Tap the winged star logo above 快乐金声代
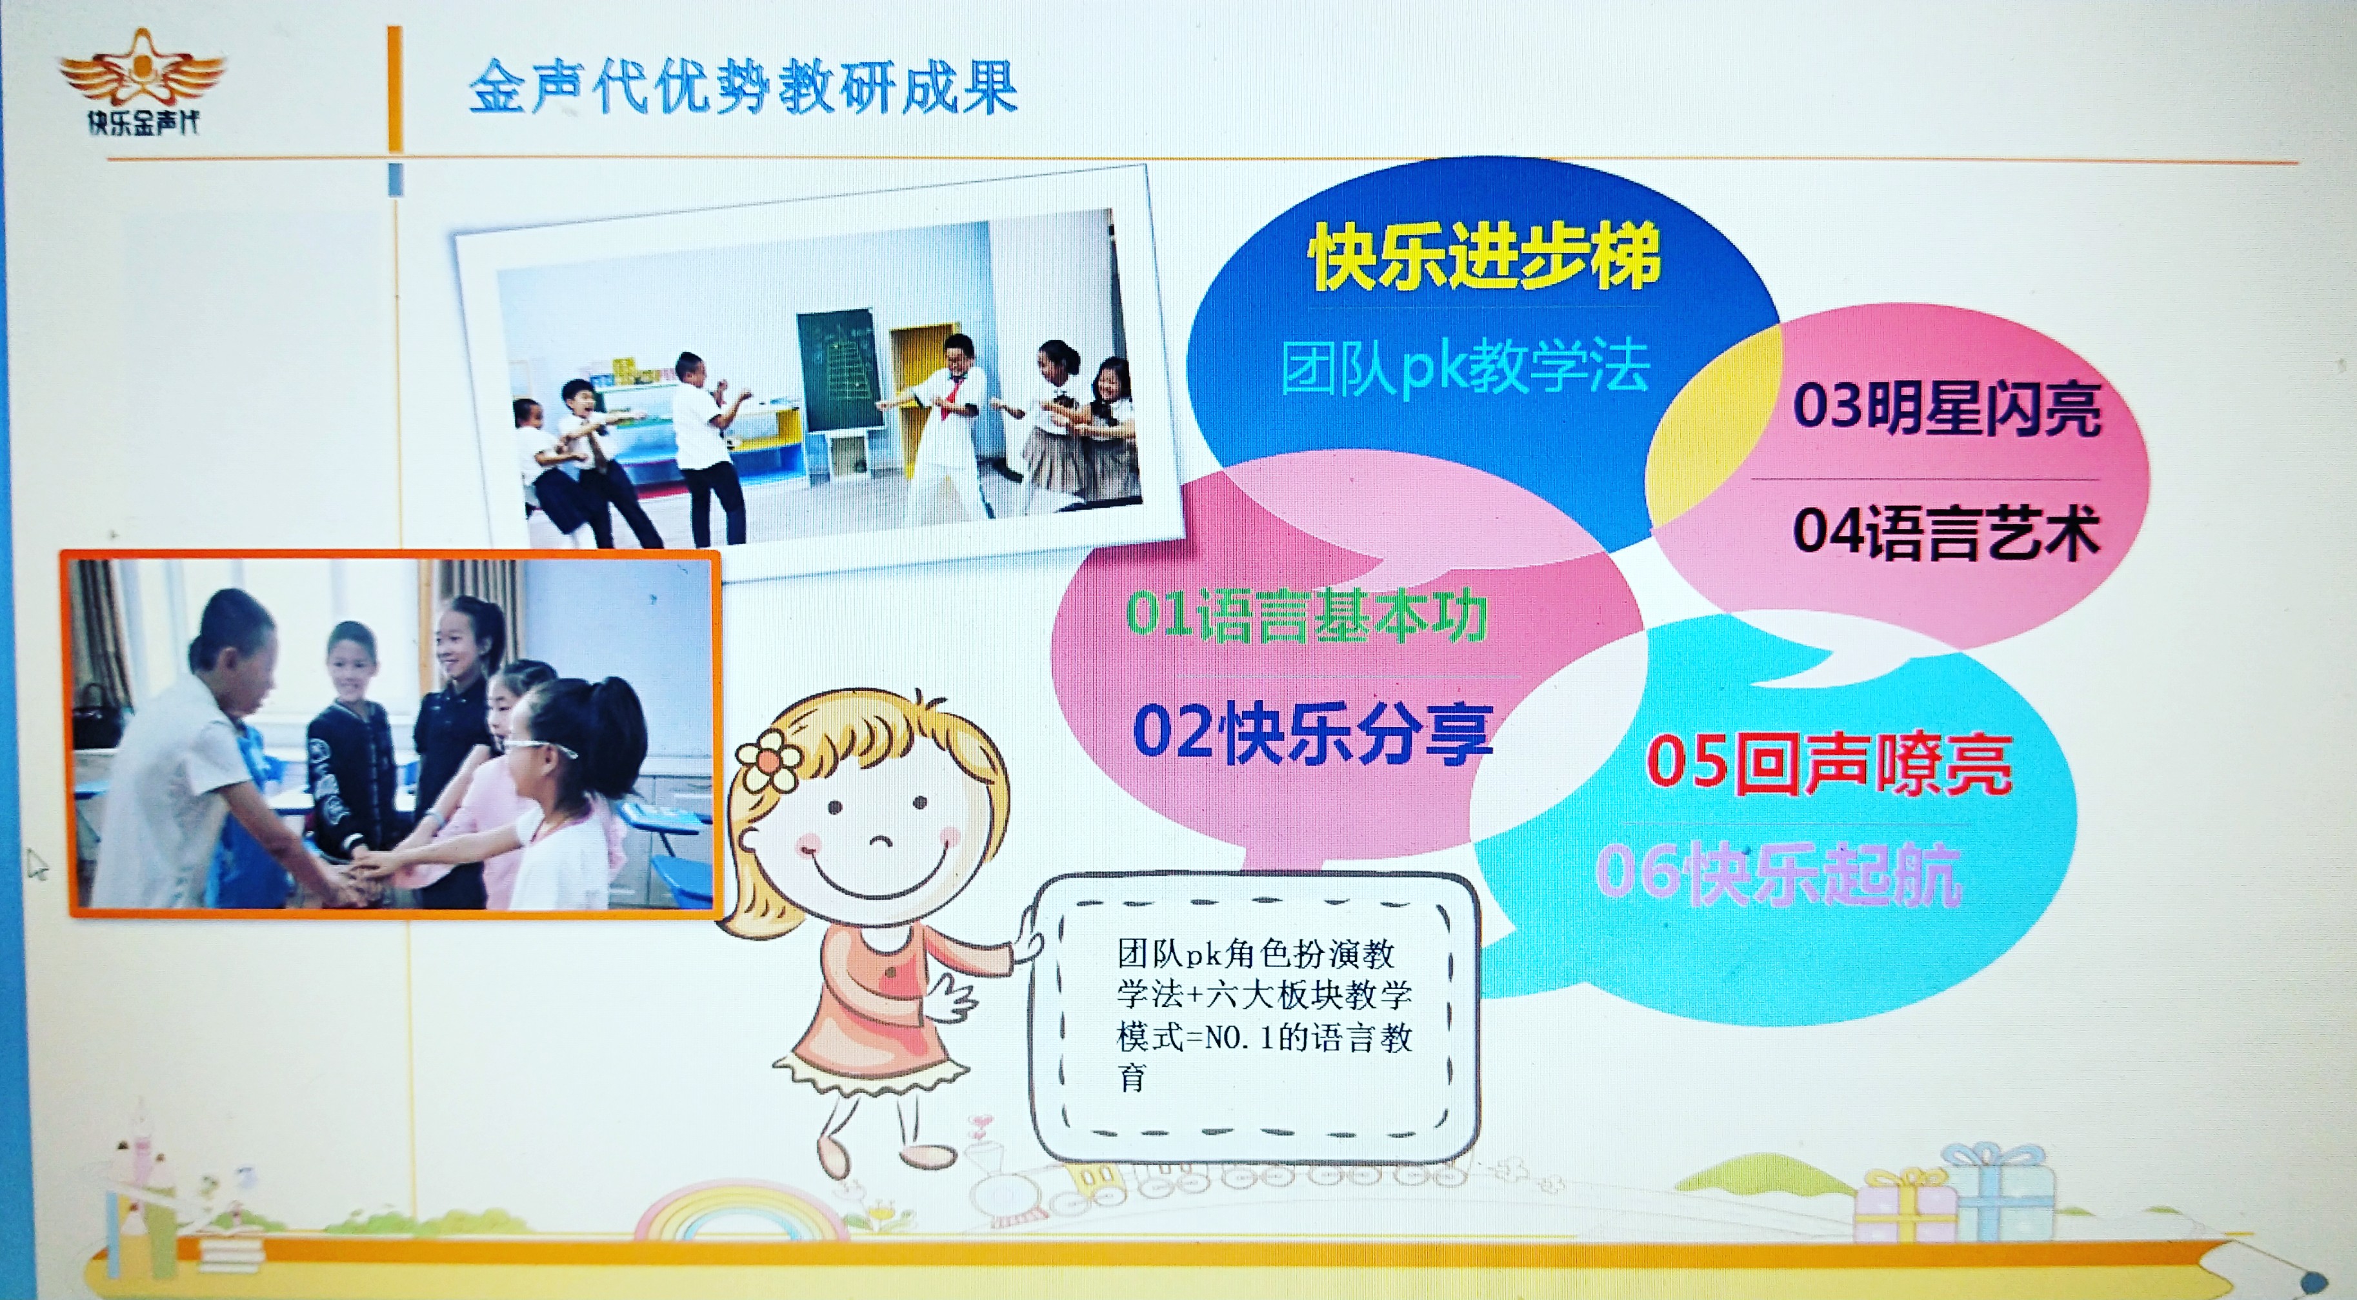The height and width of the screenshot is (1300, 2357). point(142,68)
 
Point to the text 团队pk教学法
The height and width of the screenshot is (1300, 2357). point(1464,367)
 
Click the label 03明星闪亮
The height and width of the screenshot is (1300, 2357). point(1946,407)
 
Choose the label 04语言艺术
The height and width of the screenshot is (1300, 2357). point(1945,532)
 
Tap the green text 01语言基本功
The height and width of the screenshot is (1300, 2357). point(1306,615)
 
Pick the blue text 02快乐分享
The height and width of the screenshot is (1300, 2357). point(1312,734)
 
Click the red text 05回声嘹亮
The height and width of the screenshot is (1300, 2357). point(1828,763)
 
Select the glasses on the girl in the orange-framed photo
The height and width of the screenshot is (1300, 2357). point(540,748)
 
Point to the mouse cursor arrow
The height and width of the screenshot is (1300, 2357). point(37,863)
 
